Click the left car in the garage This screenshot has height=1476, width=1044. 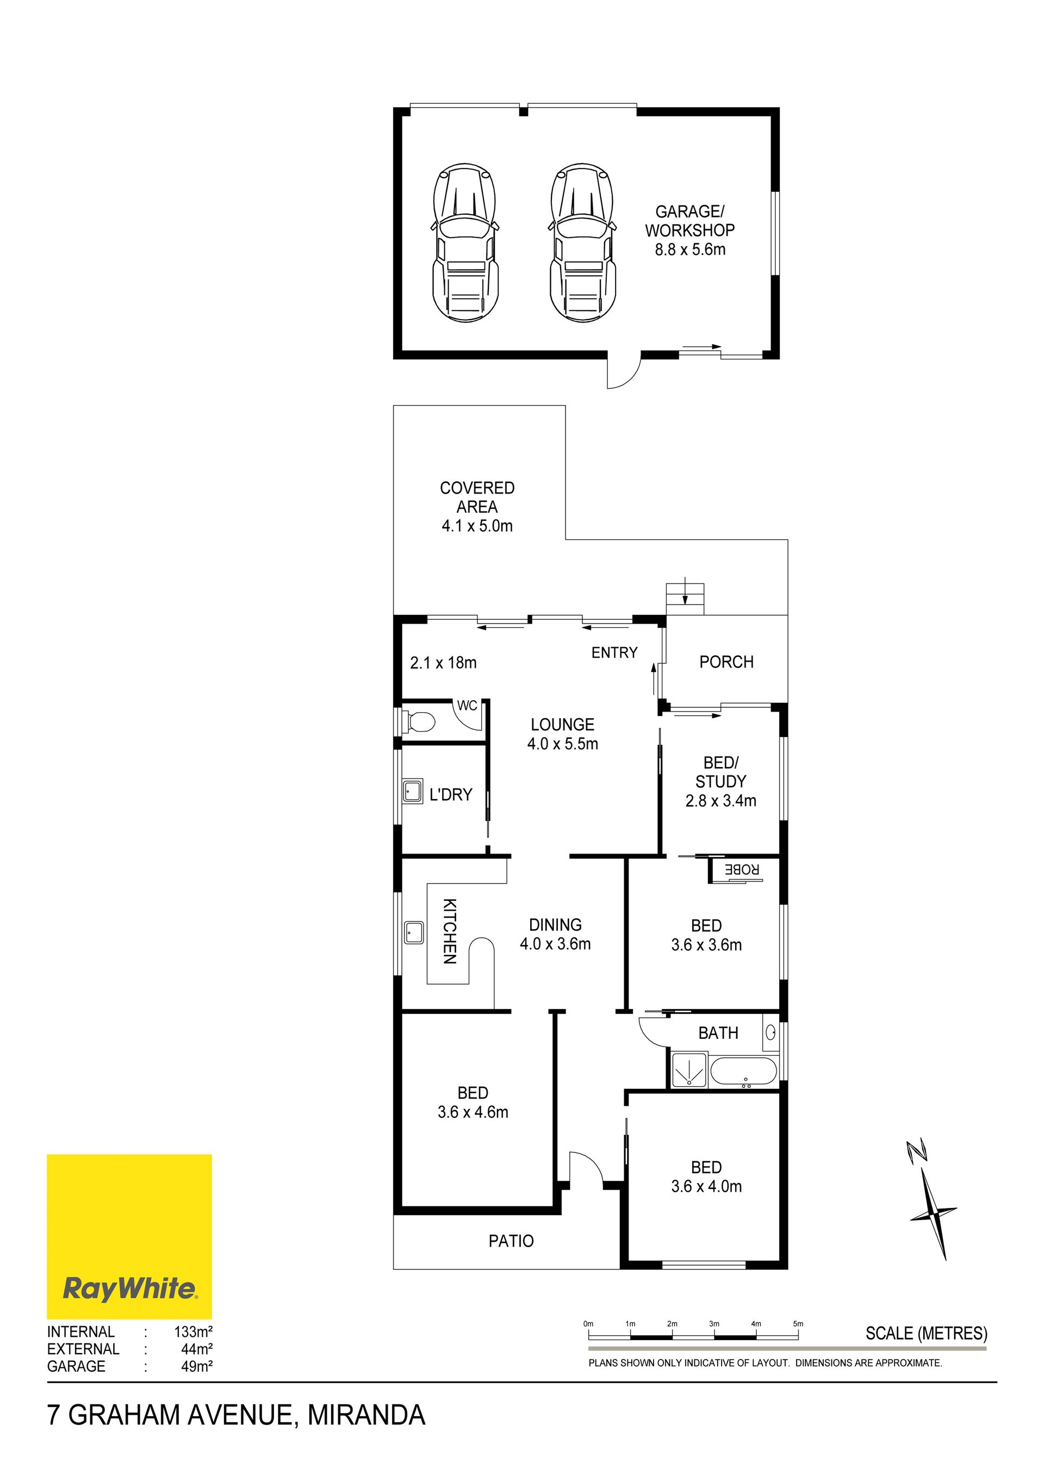[x=465, y=242]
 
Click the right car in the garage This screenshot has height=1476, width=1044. [x=583, y=242]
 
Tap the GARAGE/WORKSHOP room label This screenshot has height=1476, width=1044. [x=690, y=230]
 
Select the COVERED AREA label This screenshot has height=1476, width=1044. [x=477, y=507]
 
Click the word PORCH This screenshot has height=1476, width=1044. [x=726, y=662]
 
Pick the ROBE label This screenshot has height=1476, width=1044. [x=742, y=870]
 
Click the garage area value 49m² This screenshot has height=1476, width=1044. [x=197, y=1366]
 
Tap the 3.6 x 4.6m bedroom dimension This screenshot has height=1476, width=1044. [x=473, y=1112]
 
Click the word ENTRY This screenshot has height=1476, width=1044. [x=614, y=652]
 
